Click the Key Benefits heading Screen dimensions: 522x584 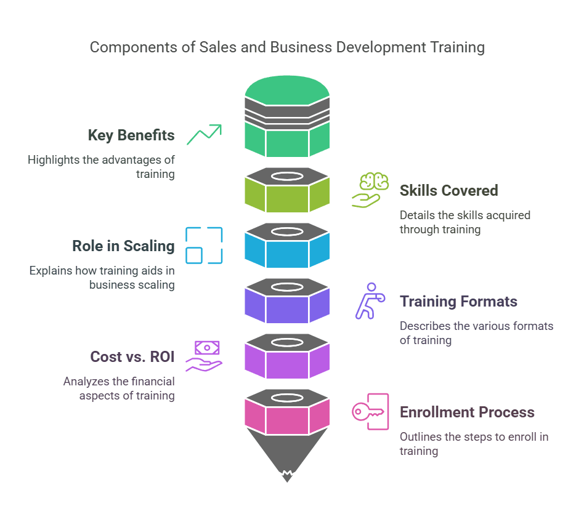[131, 135]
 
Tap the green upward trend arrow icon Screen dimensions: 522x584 [204, 134]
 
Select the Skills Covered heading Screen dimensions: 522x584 [448, 191]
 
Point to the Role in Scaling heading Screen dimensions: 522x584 [123, 246]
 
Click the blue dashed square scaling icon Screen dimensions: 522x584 [204, 245]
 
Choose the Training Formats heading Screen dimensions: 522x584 [458, 302]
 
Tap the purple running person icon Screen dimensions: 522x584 [369, 300]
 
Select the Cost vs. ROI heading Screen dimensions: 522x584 [132, 357]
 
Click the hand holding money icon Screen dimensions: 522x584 [204, 356]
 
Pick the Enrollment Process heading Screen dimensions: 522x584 [467, 412]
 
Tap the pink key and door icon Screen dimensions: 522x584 [370, 411]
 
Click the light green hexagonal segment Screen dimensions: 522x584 [287, 198]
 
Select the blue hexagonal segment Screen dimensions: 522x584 [287, 254]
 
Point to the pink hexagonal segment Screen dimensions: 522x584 [287, 420]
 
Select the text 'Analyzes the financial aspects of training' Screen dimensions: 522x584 [119, 388]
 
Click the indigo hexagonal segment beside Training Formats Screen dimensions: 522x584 [287, 309]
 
